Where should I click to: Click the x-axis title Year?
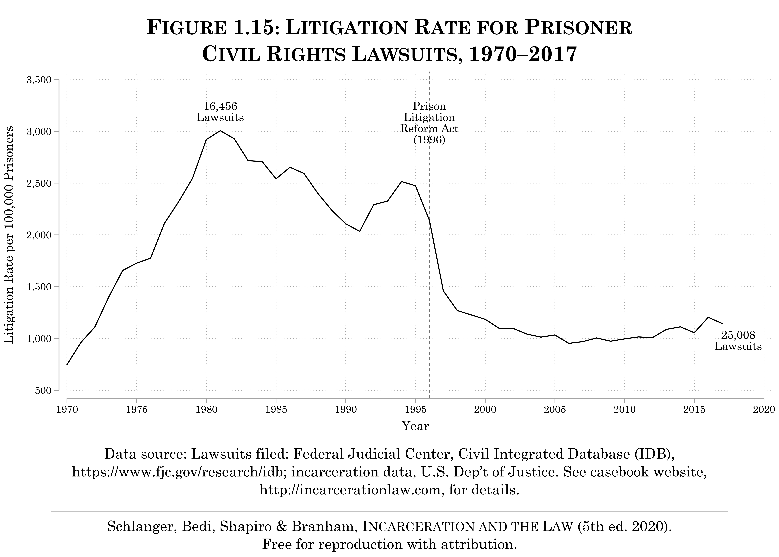click(x=415, y=426)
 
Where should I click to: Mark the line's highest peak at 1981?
click(x=220, y=131)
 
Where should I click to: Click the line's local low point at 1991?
click(x=360, y=231)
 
